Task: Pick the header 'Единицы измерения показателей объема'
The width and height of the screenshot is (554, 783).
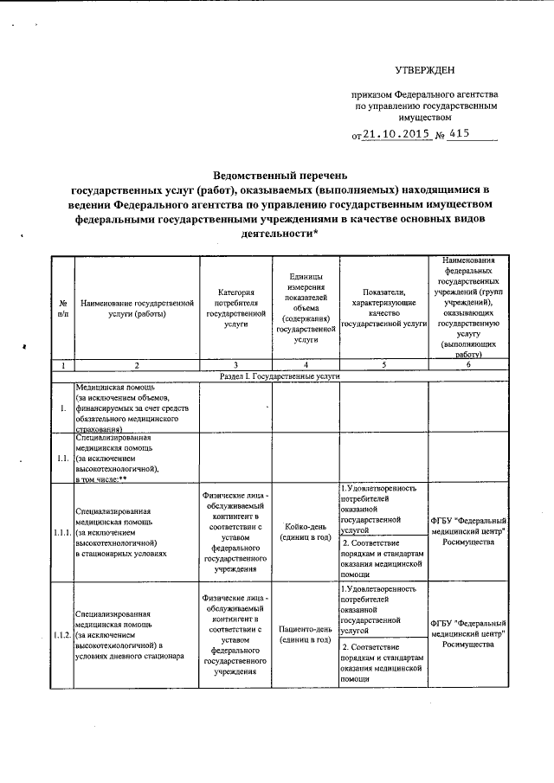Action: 306,308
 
